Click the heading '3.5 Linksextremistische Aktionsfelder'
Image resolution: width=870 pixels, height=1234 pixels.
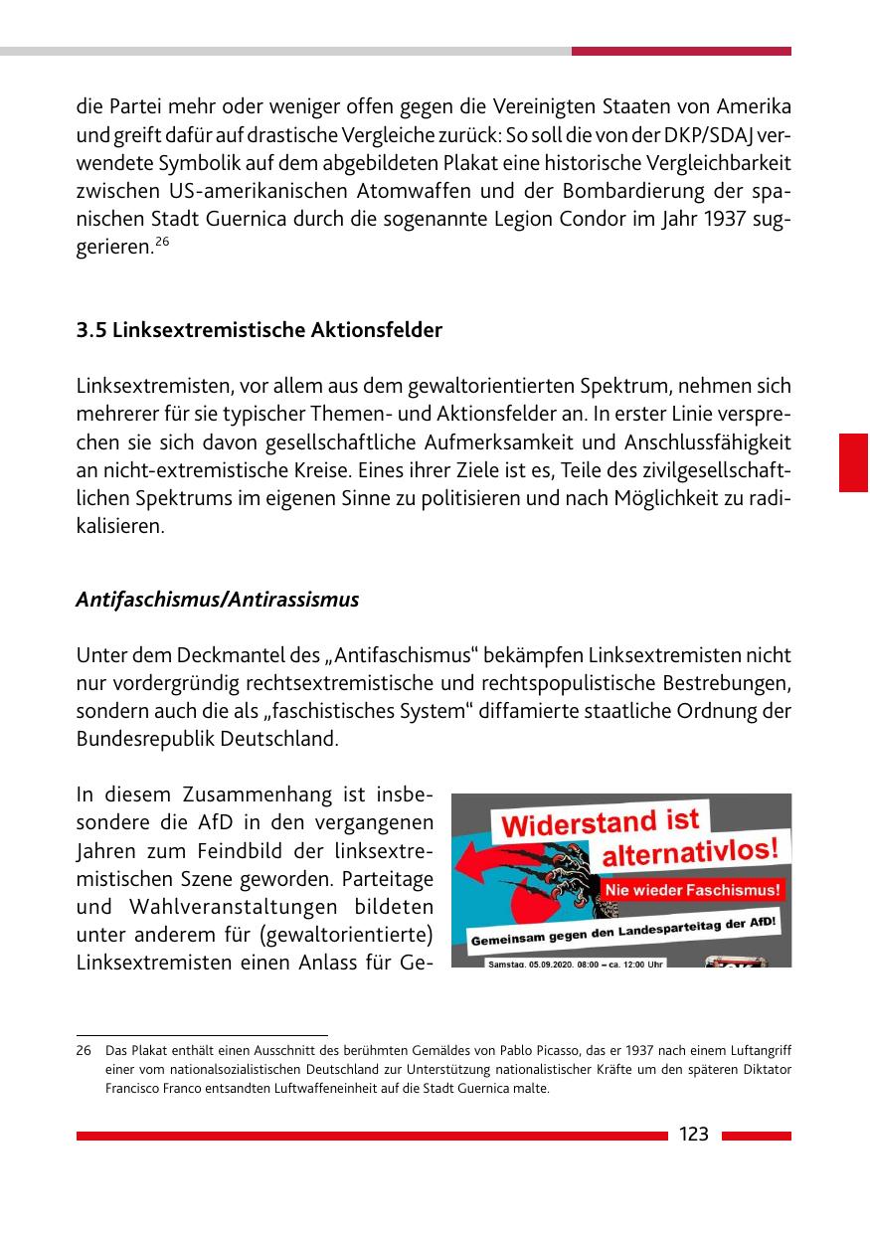(x=259, y=330)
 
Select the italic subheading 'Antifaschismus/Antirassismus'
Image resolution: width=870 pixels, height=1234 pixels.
(x=217, y=600)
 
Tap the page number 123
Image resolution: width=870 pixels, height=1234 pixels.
(x=693, y=1135)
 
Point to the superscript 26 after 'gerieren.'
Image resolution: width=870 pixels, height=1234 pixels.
(x=163, y=242)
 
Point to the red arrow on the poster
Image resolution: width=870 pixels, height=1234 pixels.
(x=507, y=867)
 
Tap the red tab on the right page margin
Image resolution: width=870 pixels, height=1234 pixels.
(x=853, y=462)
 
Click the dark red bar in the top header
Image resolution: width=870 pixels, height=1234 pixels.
(x=681, y=51)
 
